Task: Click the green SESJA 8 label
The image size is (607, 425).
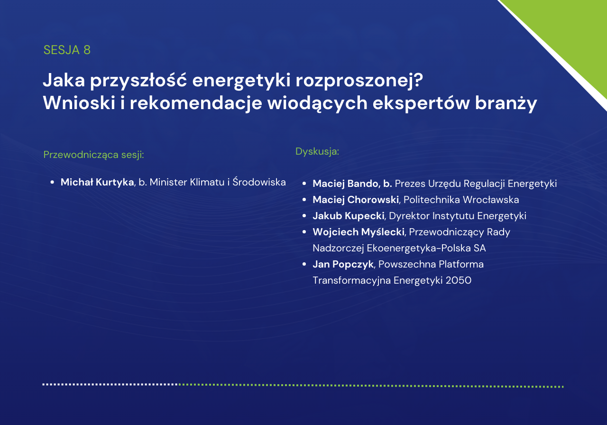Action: pos(67,50)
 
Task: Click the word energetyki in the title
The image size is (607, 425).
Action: pos(241,81)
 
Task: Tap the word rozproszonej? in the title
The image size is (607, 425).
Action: pos(359,81)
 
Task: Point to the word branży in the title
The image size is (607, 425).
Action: pos(506,104)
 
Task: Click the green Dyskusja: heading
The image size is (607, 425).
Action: pos(317,151)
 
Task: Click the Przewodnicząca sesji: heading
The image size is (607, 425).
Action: pos(93,155)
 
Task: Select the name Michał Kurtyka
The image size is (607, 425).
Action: pos(97,182)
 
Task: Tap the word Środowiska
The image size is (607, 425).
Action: pos(259,182)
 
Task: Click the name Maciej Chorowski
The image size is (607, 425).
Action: pos(356,200)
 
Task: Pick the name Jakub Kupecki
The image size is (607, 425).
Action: pos(349,216)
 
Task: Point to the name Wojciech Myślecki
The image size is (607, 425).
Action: pos(359,232)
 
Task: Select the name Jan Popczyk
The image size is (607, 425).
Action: pos(343,264)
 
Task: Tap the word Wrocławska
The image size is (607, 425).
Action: pos(491,200)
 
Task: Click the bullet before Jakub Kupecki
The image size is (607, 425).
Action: pos(304,216)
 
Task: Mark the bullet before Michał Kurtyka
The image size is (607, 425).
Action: pos(52,182)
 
